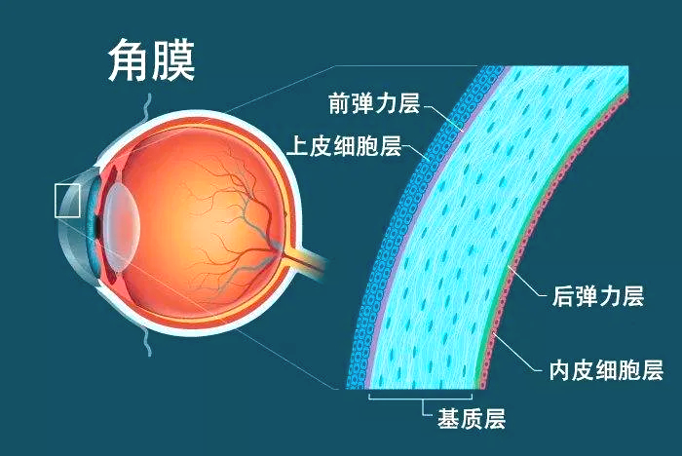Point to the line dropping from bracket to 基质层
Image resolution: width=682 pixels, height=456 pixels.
coord(424,408)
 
